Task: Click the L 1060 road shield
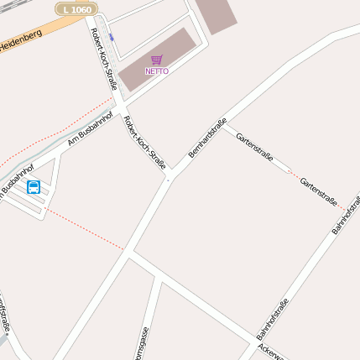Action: tap(76, 8)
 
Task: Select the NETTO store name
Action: tap(157, 71)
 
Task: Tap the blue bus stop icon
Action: tap(34, 186)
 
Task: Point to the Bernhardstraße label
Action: tap(208, 138)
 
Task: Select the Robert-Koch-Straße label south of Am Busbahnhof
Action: tap(143, 143)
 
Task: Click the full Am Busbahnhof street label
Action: tap(90, 129)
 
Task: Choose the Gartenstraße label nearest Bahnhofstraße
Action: tap(318, 192)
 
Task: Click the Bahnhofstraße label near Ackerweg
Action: tap(272, 319)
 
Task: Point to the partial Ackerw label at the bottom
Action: tap(273, 350)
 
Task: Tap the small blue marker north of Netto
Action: tap(111, 38)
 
